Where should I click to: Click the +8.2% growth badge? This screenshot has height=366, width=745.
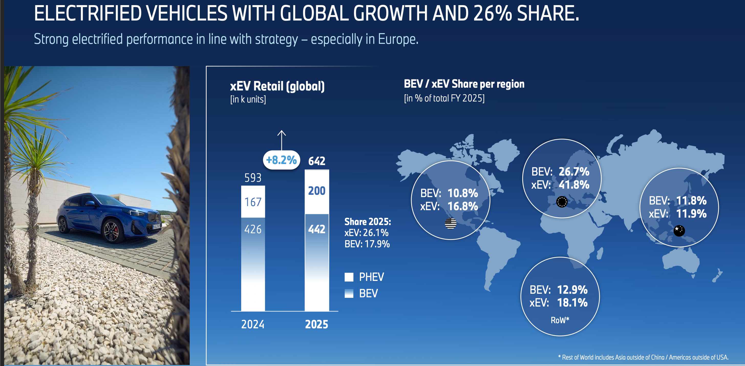pyautogui.click(x=281, y=160)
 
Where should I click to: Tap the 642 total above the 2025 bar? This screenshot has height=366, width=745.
pyautogui.click(x=317, y=161)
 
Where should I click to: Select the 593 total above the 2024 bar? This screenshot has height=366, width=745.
pyautogui.click(x=253, y=178)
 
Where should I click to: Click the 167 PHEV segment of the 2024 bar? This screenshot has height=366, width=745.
pyautogui.click(x=253, y=202)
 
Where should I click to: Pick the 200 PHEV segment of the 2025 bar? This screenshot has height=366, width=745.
pyautogui.click(x=317, y=191)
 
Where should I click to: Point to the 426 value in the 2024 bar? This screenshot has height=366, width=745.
pyautogui.click(x=253, y=229)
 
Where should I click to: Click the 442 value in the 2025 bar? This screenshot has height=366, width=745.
pyautogui.click(x=317, y=229)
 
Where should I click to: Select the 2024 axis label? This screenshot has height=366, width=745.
pyautogui.click(x=253, y=324)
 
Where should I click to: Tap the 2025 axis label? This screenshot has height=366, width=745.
pyautogui.click(x=317, y=324)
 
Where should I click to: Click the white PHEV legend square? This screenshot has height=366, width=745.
pyautogui.click(x=349, y=277)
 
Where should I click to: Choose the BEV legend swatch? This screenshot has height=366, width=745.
pyautogui.click(x=349, y=293)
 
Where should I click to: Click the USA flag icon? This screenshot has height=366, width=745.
pyautogui.click(x=450, y=223)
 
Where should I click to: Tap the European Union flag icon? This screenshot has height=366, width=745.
pyautogui.click(x=562, y=202)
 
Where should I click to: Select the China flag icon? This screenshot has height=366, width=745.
pyautogui.click(x=679, y=231)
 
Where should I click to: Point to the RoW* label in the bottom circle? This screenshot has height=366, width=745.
pyautogui.click(x=560, y=320)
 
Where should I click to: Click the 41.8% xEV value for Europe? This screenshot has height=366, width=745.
pyautogui.click(x=574, y=185)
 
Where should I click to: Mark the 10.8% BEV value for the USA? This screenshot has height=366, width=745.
pyautogui.click(x=463, y=193)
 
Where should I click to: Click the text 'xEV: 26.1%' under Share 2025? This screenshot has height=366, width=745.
pyautogui.click(x=366, y=233)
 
